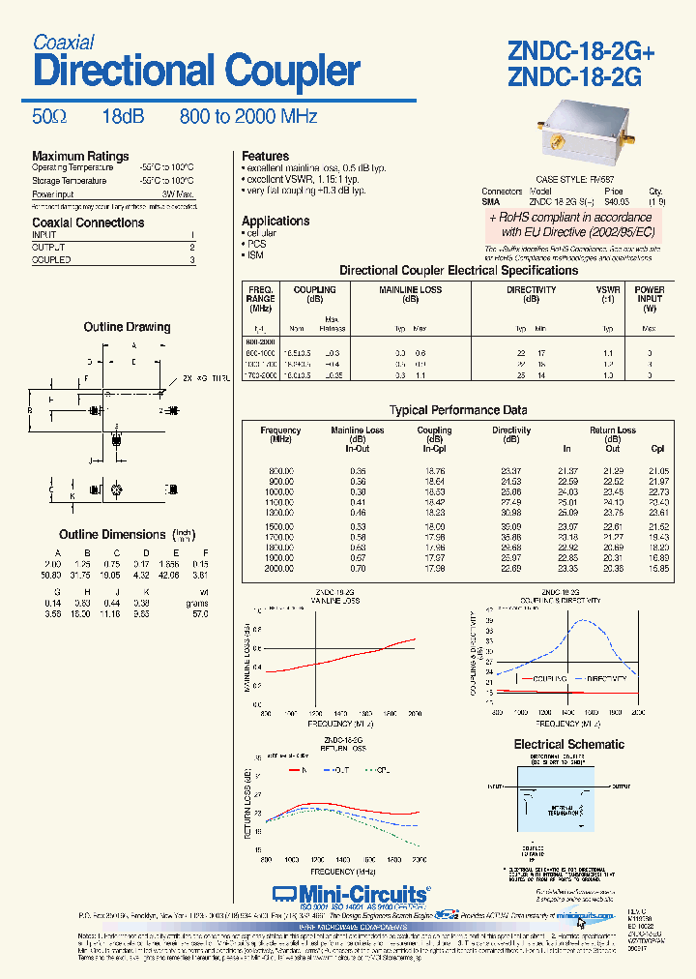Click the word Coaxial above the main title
pyautogui.click(x=63, y=43)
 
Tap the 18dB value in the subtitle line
pyautogui.click(x=123, y=117)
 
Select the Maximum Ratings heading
pyautogui.click(x=80, y=157)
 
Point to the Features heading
pyautogui.click(x=265, y=157)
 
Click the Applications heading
pyautogui.click(x=275, y=222)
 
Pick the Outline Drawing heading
pyautogui.click(x=127, y=328)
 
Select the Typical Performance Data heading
pyautogui.click(x=458, y=410)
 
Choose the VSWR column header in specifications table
pyautogui.click(x=608, y=290)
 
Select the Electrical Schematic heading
pyautogui.click(x=568, y=745)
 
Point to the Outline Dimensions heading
pyautogui.click(x=112, y=535)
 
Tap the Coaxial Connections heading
pyautogui.click(x=88, y=222)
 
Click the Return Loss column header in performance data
pyautogui.click(x=612, y=430)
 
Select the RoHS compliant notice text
pyautogui.click(x=571, y=225)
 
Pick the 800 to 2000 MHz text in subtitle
pyautogui.click(x=248, y=117)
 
